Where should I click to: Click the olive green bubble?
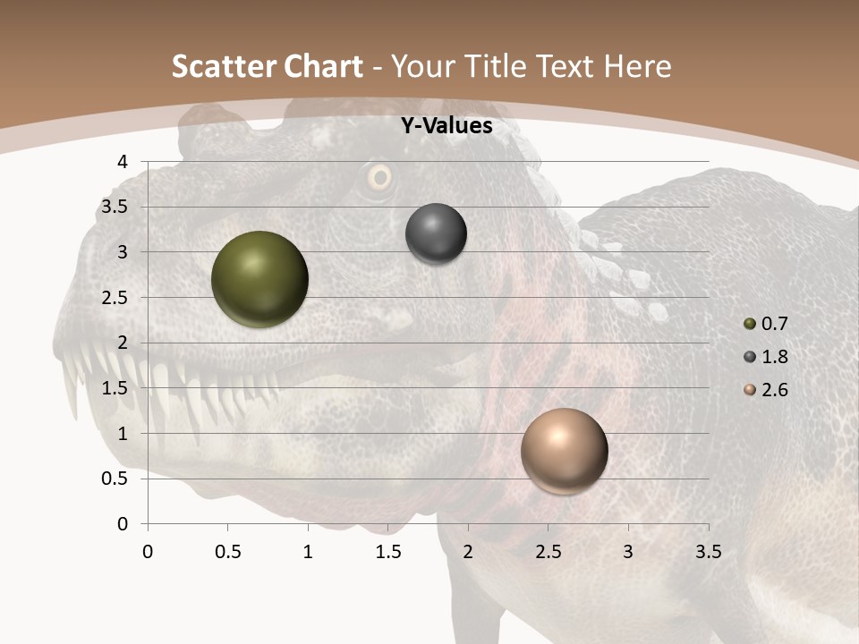click(x=259, y=279)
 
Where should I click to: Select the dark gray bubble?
click(x=436, y=233)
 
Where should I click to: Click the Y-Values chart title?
click(x=446, y=126)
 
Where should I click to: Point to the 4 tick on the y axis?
click(x=123, y=162)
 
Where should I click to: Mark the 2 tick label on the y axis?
click(x=123, y=343)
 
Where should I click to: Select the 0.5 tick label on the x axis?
click(x=227, y=552)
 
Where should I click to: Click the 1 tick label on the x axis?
click(x=308, y=552)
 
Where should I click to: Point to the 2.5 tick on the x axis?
click(x=548, y=552)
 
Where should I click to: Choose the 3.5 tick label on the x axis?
click(x=708, y=552)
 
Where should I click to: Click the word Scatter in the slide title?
click(x=224, y=66)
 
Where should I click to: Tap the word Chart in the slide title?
click(x=323, y=66)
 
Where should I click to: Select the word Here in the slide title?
click(x=637, y=66)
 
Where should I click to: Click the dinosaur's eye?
click(x=379, y=177)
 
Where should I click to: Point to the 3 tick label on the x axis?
click(x=628, y=552)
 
